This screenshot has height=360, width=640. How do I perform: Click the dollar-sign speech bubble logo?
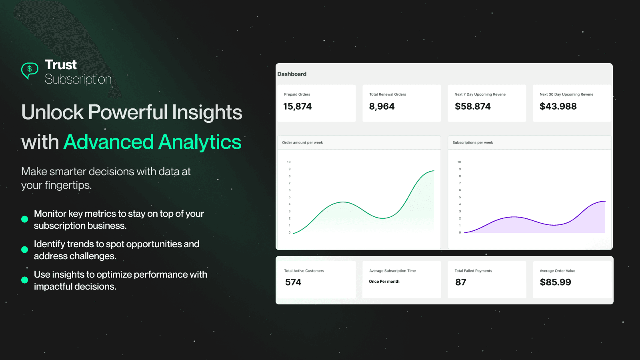pos(30,70)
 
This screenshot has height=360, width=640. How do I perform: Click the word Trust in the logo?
pos(61,64)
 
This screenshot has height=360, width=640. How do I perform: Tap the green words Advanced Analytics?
pos(152,142)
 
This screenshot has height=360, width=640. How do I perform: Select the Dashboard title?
pos(292,74)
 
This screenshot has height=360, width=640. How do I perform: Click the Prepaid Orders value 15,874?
pos(297,106)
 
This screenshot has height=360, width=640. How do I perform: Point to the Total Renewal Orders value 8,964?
pos(382,106)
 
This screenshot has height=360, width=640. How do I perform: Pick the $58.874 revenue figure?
pos(472,106)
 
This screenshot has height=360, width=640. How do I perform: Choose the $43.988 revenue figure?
pos(558,106)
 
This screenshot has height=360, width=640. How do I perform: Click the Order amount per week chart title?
pos(302,142)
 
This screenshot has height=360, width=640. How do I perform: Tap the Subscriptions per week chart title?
pos(472,142)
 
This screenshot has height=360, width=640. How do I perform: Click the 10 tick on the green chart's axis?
pos(289,162)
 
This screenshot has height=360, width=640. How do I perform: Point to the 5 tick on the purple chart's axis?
pos(460,197)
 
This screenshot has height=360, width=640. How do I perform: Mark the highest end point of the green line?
pos(434,171)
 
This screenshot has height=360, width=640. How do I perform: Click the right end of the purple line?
pos(605,201)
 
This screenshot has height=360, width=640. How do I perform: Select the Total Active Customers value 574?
pos(293,282)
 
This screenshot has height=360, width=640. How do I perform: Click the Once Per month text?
pos(384,282)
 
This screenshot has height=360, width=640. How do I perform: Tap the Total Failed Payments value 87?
pos(460,282)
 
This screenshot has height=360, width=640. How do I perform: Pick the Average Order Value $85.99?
pos(555,282)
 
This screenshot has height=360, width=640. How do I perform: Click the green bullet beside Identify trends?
pos(24,250)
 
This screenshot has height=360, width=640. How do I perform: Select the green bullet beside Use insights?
pos(24,280)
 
